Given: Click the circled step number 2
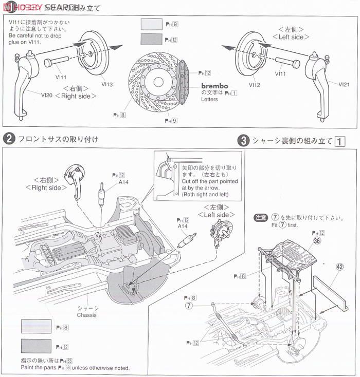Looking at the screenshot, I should tap(9, 139).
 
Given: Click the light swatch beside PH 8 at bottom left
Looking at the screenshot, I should tap(36, 326).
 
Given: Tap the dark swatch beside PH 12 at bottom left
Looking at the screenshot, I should tap(36, 346).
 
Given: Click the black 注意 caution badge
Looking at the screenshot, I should tap(261, 218).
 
